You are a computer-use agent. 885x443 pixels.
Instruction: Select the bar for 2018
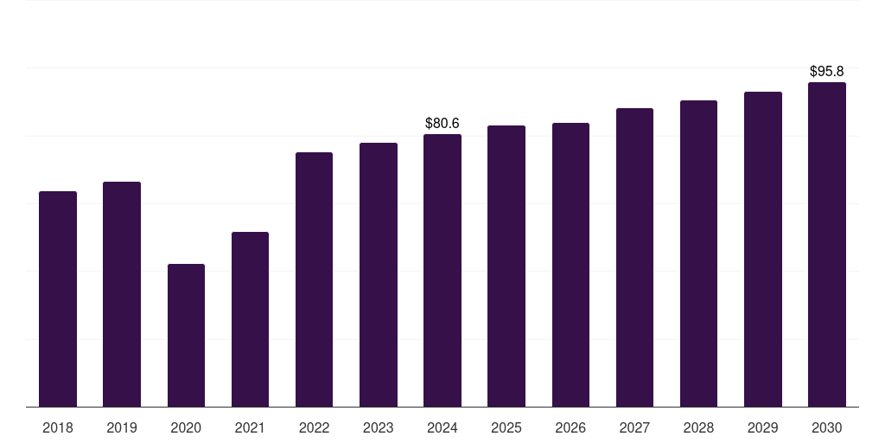(x=58, y=299)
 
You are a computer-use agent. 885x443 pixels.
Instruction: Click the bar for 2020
(x=187, y=335)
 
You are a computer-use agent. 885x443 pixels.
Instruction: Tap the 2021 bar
(x=250, y=319)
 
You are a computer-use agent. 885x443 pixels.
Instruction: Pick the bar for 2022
(x=314, y=279)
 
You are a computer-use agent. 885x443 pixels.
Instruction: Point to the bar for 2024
(x=442, y=271)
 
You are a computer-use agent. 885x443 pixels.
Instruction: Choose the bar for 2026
(x=570, y=265)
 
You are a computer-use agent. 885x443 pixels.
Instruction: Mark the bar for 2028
(x=698, y=254)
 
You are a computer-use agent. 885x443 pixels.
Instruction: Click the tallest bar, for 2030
(x=827, y=245)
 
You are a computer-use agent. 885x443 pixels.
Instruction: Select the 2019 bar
(x=122, y=294)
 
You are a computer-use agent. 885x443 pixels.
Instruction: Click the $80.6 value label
(x=442, y=123)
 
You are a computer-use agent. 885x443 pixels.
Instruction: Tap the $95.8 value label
(x=827, y=71)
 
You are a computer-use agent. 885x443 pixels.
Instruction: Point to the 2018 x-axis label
(x=58, y=428)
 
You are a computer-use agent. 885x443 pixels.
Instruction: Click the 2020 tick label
(x=187, y=428)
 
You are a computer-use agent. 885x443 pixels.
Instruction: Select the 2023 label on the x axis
(x=379, y=428)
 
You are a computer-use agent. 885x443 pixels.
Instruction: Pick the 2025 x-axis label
(x=506, y=428)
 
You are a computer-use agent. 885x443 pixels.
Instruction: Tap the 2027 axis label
(x=634, y=428)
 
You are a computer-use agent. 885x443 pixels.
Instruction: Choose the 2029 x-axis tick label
(x=763, y=428)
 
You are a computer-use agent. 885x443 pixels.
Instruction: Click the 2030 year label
(x=827, y=428)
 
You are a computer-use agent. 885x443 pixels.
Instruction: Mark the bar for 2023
(x=379, y=275)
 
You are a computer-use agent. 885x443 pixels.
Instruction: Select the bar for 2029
(x=763, y=249)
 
